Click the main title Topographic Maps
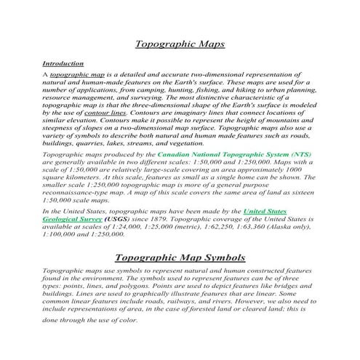pos(180,44)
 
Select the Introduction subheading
pos(63,64)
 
